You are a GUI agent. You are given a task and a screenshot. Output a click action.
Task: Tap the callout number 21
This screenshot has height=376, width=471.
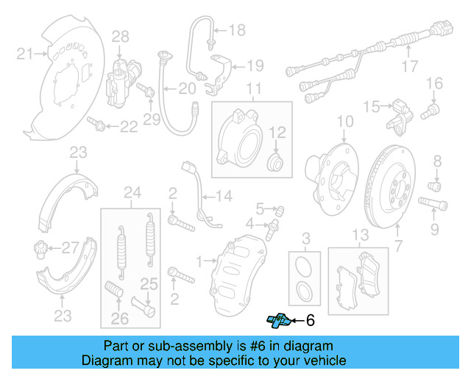click(x=26, y=53)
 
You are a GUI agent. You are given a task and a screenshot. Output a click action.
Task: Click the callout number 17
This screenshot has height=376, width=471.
click(x=410, y=71)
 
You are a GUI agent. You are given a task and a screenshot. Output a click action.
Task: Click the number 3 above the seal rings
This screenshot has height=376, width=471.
click(x=306, y=237)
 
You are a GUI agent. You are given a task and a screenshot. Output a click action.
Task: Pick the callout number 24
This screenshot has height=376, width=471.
click(x=132, y=193)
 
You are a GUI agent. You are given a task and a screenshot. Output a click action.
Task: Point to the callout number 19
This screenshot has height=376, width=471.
click(x=255, y=65)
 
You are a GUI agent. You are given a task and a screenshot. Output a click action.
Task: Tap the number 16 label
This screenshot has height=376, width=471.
click(x=434, y=82)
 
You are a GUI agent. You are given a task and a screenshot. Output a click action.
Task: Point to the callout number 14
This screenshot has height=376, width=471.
click(x=224, y=195)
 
